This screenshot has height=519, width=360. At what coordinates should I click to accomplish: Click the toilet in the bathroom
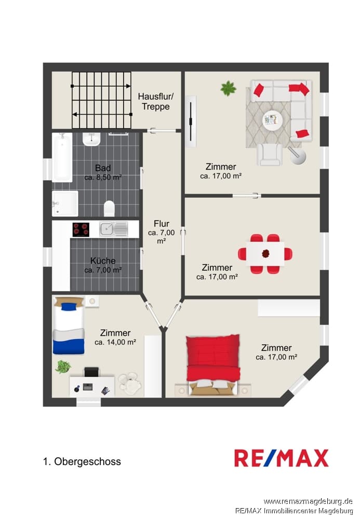(x=109, y=208)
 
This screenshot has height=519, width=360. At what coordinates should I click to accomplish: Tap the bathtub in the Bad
(x=62, y=157)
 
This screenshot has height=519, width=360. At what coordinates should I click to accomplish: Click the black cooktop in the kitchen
(x=81, y=229)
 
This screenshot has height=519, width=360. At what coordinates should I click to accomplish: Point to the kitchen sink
(x=113, y=229)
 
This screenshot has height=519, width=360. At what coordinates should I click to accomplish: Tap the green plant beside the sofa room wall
(x=229, y=88)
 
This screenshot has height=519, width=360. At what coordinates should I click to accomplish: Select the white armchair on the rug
(x=270, y=155)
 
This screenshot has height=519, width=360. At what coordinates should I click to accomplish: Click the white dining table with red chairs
(x=265, y=254)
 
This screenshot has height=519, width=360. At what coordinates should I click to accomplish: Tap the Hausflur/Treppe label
(x=156, y=102)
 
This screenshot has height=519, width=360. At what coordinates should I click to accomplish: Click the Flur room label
(x=161, y=224)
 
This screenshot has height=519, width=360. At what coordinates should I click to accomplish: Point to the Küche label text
(x=103, y=261)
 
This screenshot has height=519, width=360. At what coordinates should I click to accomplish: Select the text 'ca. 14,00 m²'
(x=115, y=342)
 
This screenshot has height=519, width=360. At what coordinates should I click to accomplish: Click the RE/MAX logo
(x=281, y=458)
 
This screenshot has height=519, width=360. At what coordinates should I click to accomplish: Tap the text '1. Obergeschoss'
(x=82, y=461)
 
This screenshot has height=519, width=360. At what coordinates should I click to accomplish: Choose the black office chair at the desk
(x=91, y=372)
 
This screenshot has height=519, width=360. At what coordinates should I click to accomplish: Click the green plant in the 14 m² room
(x=62, y=367)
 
